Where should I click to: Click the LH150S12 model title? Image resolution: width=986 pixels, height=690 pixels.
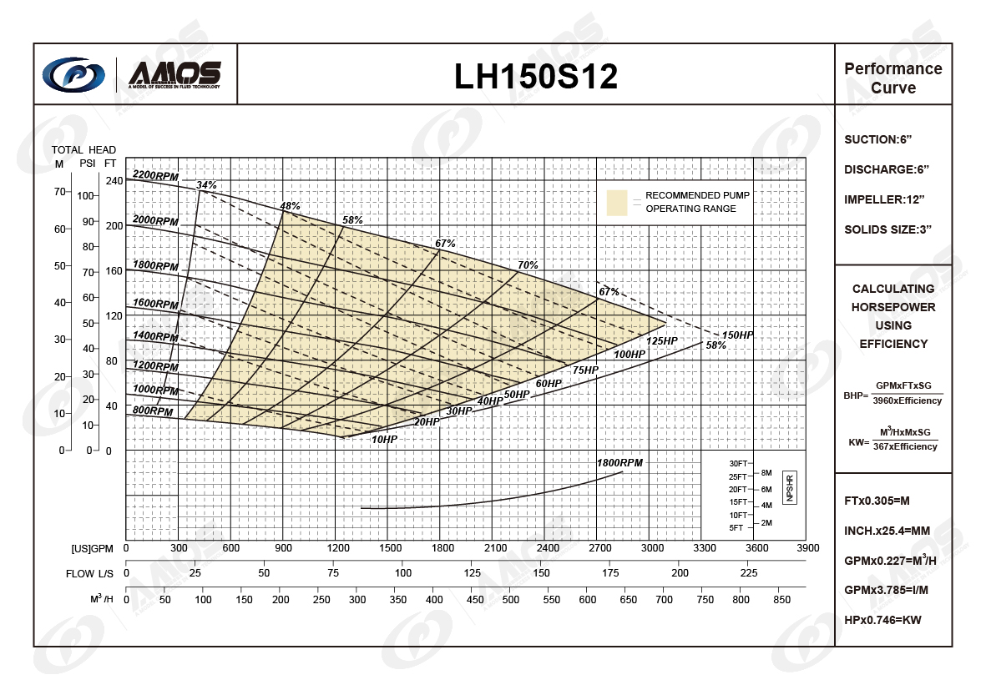pyautogui.click(x=536, y=76)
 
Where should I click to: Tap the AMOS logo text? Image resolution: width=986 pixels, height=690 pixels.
pyautogui.click(x=174, y=73)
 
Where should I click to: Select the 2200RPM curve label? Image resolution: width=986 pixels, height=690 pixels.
pyautogui.click(x=155, y=175)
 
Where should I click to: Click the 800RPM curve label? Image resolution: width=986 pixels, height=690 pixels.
pyautogui.click(x=153, y=411)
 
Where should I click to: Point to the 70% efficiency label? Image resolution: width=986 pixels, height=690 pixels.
pyautogui.click(x=528, y=265)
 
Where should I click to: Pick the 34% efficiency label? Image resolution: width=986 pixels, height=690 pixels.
pyautogui.click(x=206, y=184)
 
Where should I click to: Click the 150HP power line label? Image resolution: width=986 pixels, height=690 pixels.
pyautogui.click(x=737, y=335)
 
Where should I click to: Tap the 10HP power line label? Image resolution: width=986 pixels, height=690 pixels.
pyautogui.click(x=384, y=439)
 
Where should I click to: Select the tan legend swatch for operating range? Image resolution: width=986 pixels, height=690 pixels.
pyautogui.click(x=617, y=203)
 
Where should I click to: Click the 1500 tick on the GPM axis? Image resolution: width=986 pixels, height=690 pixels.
pyautogui.click(x=390, y=548)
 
